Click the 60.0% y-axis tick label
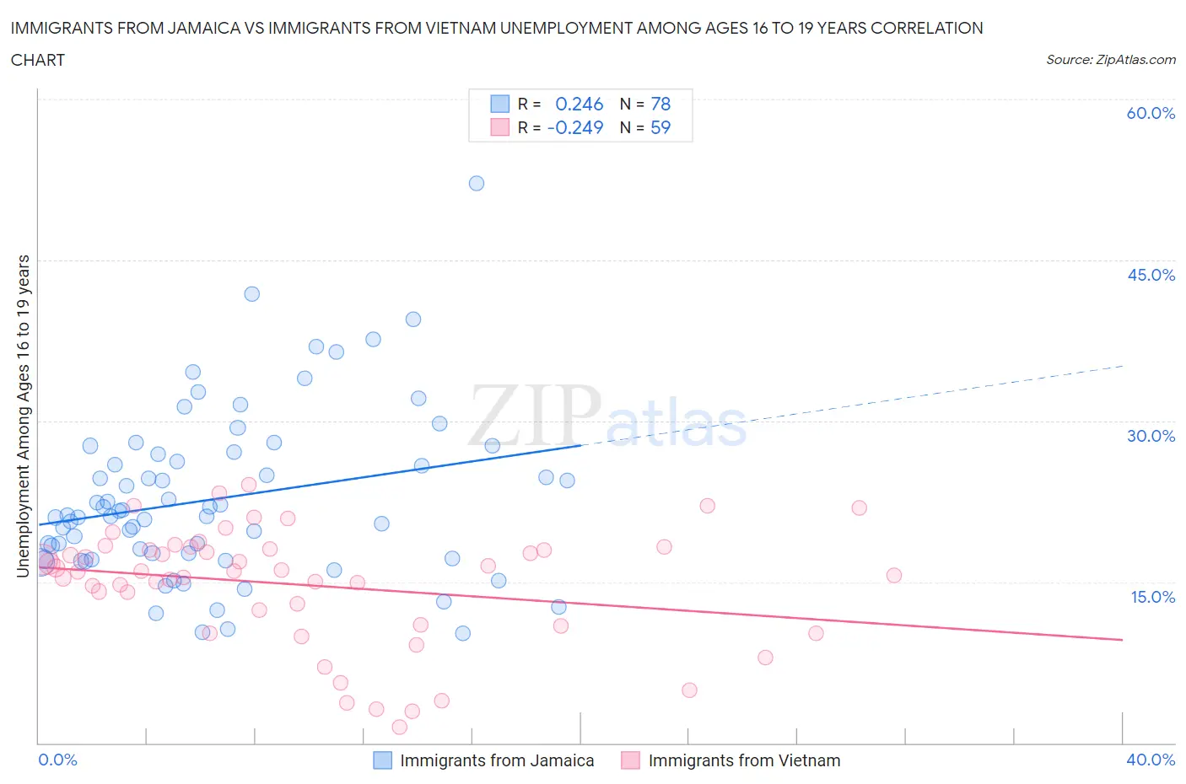point(1151,113)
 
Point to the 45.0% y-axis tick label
point(1151,275)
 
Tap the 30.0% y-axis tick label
point(1151,436)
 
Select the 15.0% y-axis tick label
point(1151,597)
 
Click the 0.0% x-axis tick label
point(58,760)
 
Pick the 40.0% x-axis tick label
point(1151,760)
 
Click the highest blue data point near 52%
point(477,183)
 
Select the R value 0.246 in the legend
point(579,104)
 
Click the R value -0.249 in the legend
point(575,127)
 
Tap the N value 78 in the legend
point(660,104)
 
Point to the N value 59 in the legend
point(660,127)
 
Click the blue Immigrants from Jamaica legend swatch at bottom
point(382,760)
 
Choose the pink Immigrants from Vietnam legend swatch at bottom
point(630,760)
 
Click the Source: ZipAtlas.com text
point(1110,60)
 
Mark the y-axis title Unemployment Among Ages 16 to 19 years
point(23,416)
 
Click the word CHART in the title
point(38,60)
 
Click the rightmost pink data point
point(894,576)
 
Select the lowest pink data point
point(400,727)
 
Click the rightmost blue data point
point(567,481)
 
